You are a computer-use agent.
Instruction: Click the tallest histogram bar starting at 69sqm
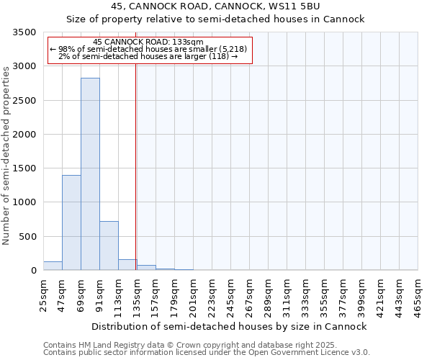90,174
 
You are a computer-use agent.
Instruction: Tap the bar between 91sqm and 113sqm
109,246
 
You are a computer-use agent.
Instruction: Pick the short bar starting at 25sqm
53,266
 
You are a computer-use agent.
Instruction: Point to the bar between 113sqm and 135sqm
127,265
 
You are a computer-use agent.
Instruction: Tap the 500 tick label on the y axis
27,237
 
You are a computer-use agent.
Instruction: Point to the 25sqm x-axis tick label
44,293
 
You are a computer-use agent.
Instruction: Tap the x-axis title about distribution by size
230,326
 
